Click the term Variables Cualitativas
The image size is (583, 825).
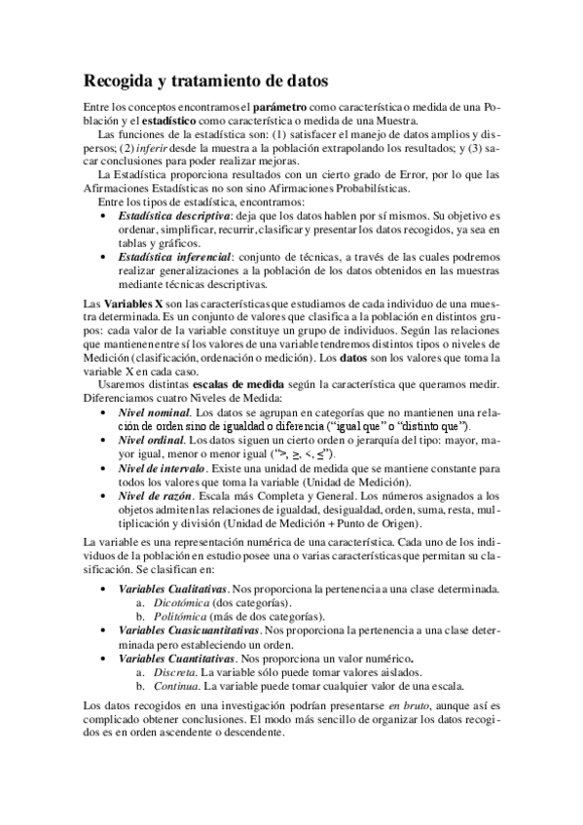tap(172, 590)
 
